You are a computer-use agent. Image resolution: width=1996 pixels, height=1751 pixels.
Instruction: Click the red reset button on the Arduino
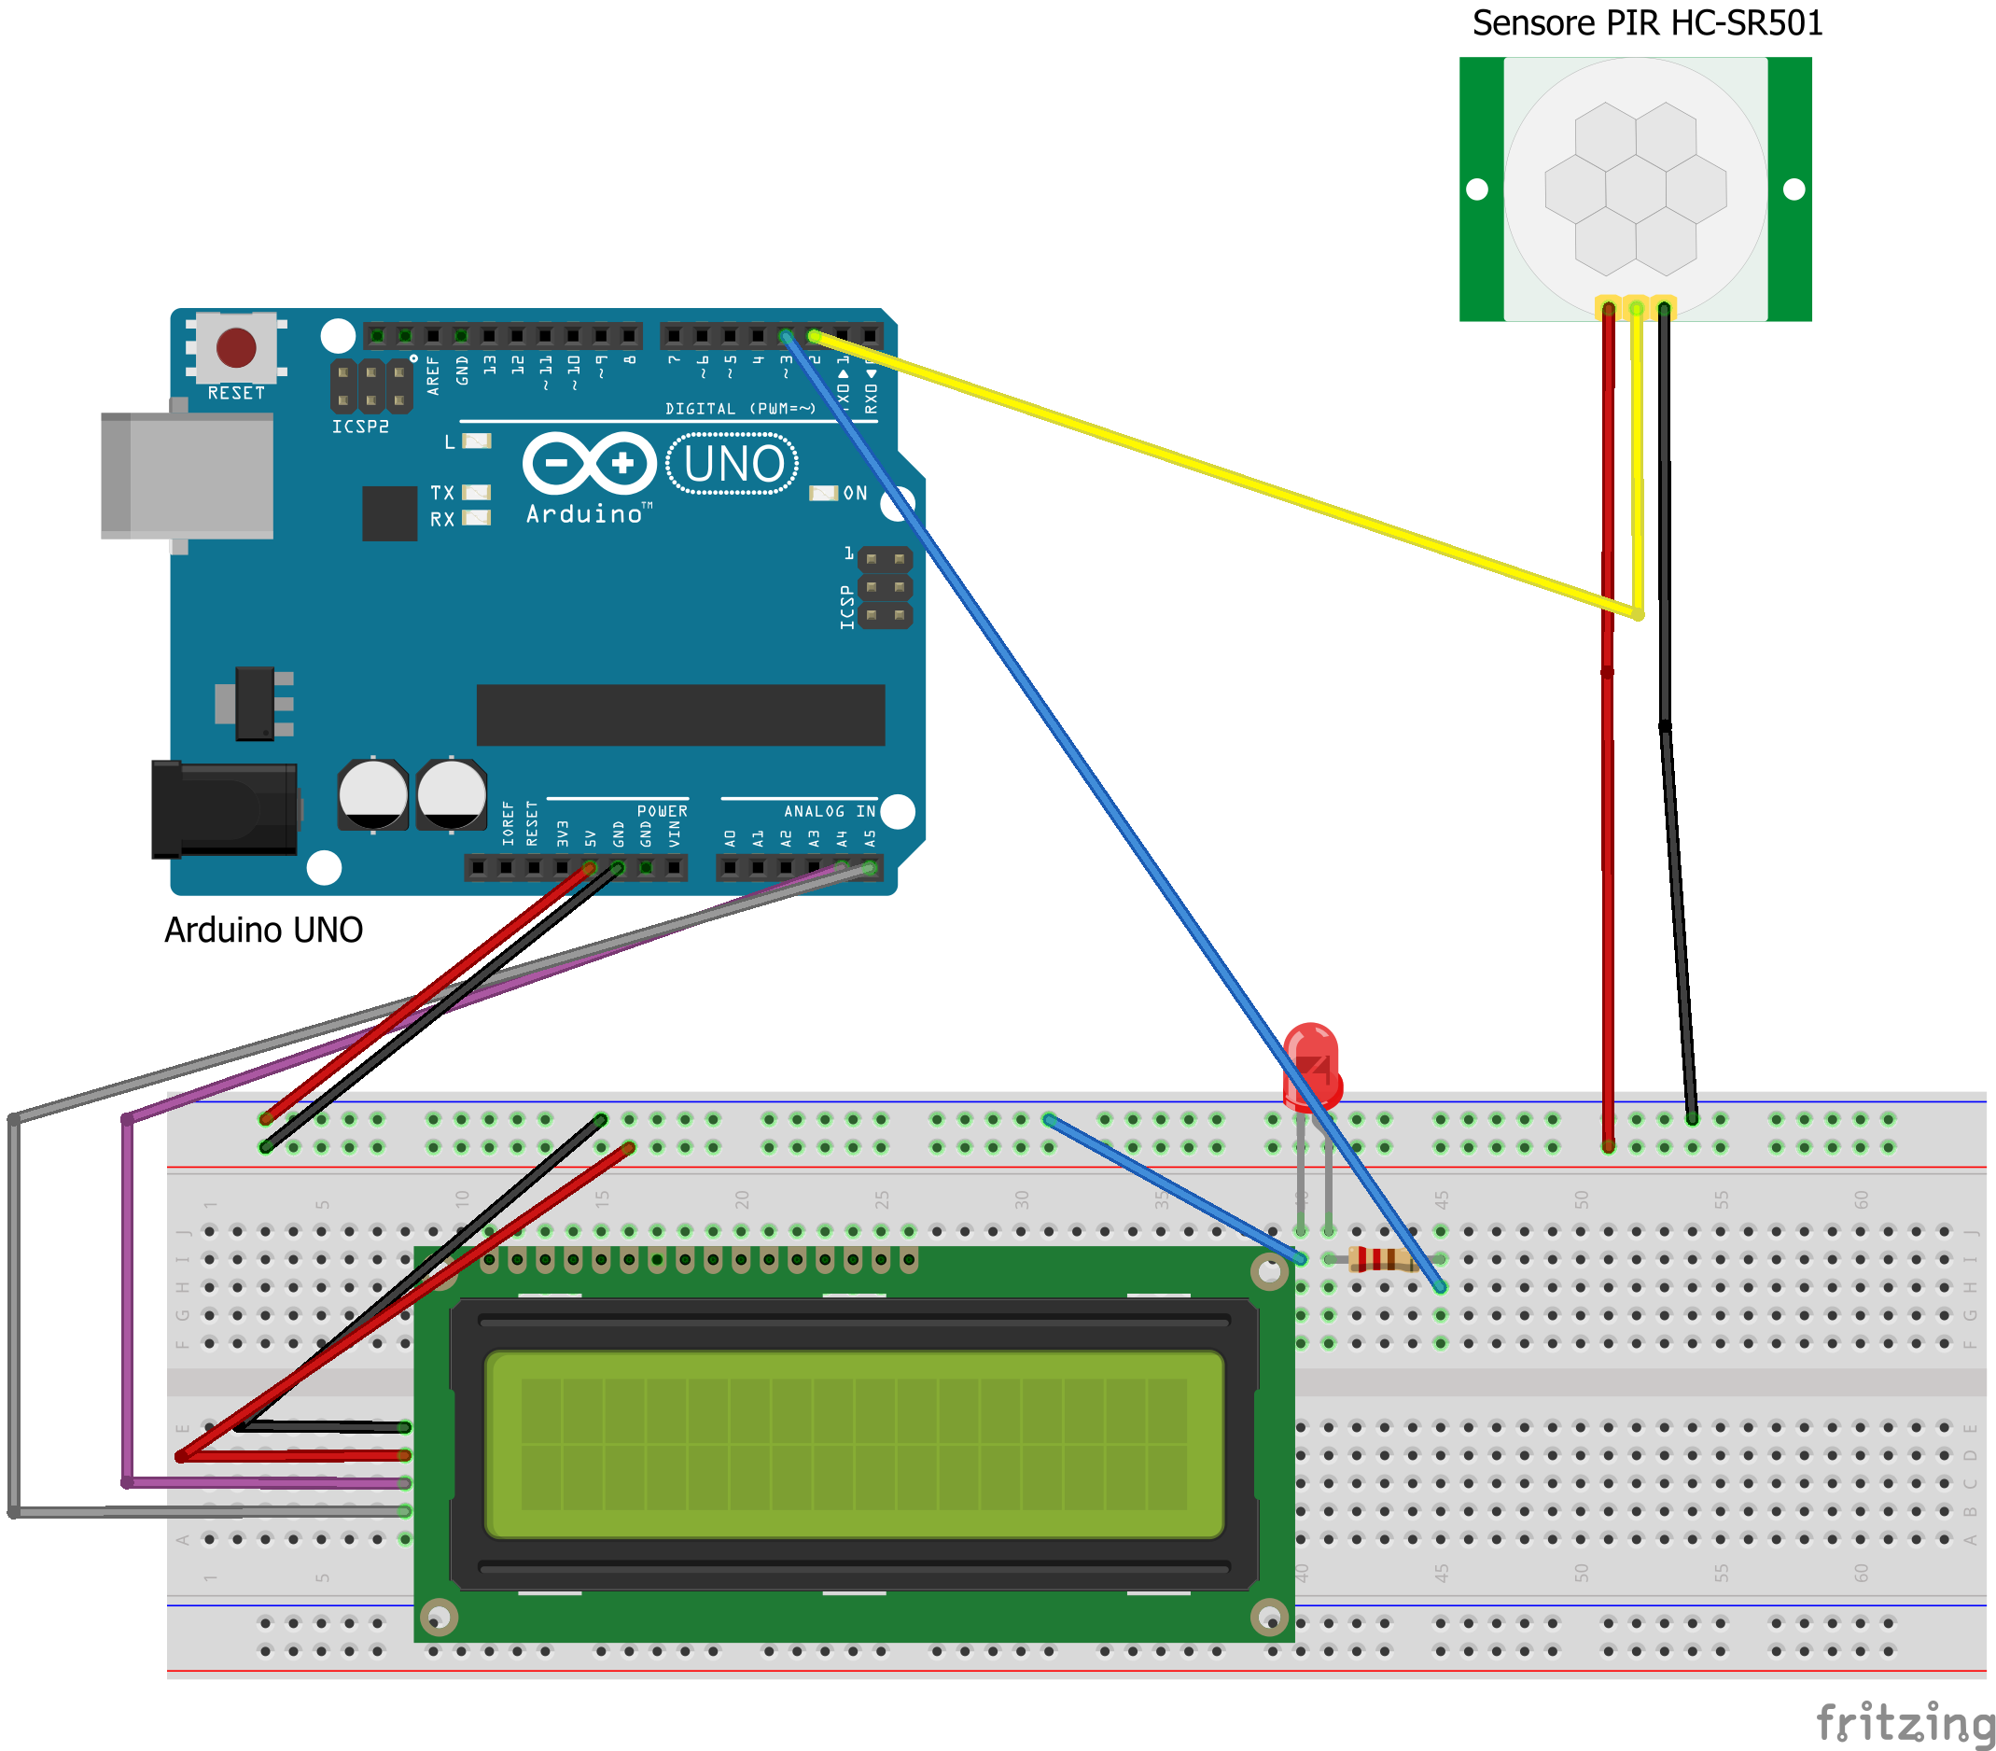pos(235,346)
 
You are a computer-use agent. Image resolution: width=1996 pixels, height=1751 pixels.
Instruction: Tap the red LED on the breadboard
pos(1310,1064)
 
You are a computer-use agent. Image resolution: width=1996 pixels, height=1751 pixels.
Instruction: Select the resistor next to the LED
pos(1382,1260)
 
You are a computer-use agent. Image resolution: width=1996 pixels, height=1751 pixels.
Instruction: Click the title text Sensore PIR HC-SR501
pos(1646,23)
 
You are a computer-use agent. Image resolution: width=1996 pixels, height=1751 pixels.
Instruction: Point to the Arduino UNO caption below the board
pos(264,930)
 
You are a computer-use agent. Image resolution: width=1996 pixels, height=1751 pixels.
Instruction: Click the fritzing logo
pos(1905,1723)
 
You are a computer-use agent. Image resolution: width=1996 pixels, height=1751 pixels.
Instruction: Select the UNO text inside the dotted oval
pos(733,464)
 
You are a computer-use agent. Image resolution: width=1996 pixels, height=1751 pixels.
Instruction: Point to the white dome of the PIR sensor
pos(1636,189)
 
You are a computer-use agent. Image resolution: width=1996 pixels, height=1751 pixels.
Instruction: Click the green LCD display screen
pos(854,1444)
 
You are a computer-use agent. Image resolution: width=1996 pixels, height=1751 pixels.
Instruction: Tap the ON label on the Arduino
pos(856,493)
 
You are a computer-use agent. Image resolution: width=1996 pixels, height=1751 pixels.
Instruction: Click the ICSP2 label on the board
pos(360,427)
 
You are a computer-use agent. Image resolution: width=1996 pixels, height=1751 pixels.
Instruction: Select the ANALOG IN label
pos(829,811)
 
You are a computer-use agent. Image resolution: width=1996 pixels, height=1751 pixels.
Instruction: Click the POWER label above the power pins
pos(663,811)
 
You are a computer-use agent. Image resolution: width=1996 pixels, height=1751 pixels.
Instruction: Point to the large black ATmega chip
pos(679,715)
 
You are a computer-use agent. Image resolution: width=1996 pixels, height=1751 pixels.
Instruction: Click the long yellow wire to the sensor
pos(1221,472)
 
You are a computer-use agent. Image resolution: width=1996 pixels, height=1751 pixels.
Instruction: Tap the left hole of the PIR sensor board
pos(1477,189)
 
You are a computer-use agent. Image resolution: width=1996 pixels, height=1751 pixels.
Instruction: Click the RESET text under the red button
pos(236,393)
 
